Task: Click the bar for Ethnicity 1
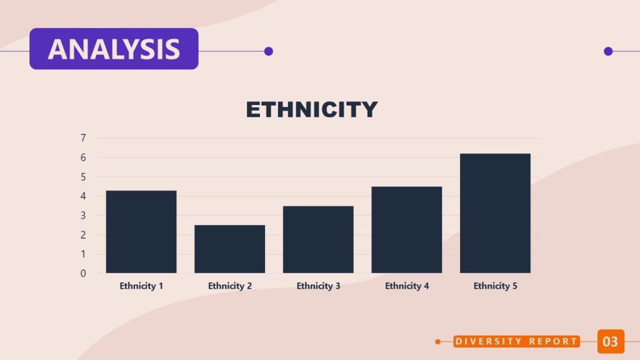[x=141, y=231]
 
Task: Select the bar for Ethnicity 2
[x=229, y=249]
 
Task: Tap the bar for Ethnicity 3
[x=318, y=239]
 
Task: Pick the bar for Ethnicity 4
[x=406, y=229]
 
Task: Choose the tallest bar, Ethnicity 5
[x=495, y=213]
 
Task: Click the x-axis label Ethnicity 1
[x=141, y=286]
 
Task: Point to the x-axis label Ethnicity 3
[x=318, y=286]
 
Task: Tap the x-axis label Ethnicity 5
[x=495, y=286]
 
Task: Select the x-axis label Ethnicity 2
[x=229, y=286]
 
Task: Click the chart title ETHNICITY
[x=311, y=109]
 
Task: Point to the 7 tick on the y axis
[x=83, y=138]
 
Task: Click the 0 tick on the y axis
[x=83, y=273]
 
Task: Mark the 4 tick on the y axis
[x=83, y=196]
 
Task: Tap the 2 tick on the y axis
[x=83, y=235]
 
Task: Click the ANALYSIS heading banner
[x=114, y=49]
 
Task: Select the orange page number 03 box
[x=610, y=341]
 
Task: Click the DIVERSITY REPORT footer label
[x=516, y=341]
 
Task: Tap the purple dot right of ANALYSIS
[x=269, y=51]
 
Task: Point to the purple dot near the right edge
[x=608, y=51]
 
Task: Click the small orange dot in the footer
[x=438, y=341]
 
